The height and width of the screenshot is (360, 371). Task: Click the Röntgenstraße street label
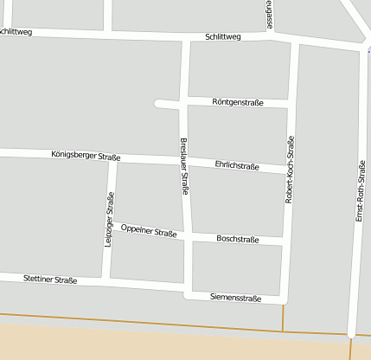(x=237, y=102)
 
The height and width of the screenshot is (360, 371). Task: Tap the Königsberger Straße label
(x=86, y=157)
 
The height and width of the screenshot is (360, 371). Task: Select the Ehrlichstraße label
(x=237, y=165)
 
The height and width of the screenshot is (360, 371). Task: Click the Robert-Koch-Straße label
(x=290, y=169)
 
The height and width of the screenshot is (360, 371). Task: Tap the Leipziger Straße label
(x=110, y=221)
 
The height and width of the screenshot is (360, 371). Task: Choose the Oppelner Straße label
(x=149, y=231)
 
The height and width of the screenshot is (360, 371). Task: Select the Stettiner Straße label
(x=51, y=280)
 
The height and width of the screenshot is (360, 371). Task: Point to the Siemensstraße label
(x=235, y=298)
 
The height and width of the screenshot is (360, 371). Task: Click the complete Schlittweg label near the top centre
(x=223, y=37)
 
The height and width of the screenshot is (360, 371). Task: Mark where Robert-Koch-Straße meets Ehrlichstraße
(x=289, y=170)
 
